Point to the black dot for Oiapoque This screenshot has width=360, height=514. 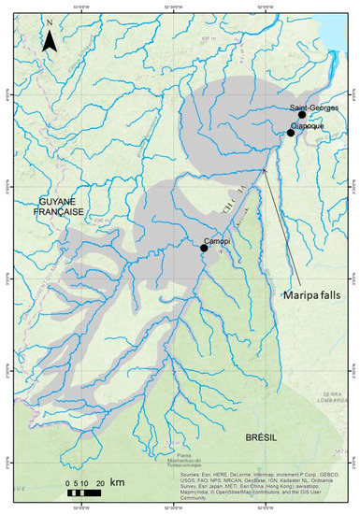(x=291, y=133)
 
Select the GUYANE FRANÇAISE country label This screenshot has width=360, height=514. (x=62, y=207)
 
